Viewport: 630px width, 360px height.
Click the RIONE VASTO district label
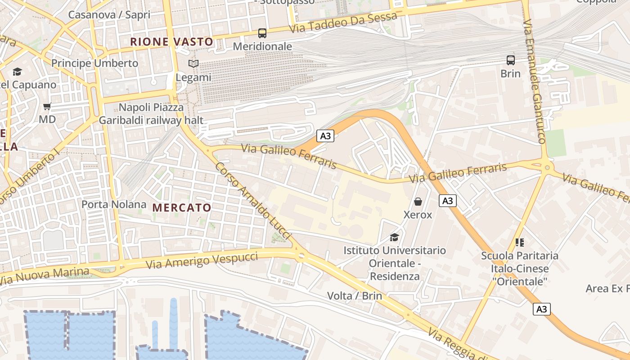click(x=171, y=42)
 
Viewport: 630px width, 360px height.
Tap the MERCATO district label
click(x=182, y=207)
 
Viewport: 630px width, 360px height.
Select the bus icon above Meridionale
click(x=262, y=33)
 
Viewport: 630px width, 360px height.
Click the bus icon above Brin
click(x=510, y=60)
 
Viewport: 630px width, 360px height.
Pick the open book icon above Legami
click(x=193, y=64)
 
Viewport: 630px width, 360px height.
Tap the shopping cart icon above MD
click(x=47, y=107)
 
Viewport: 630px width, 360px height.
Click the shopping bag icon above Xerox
click(x=418, y=201)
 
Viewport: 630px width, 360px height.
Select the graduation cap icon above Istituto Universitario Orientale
click(x=394, y=237)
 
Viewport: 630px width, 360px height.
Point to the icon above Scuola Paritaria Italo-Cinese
click(x=520, y=243)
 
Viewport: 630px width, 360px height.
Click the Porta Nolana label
click(x=114, y=204)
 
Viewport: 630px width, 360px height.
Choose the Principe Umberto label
click(x=94, y=63)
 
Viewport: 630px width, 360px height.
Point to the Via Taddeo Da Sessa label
click(x=344, y=22)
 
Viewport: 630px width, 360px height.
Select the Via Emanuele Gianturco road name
click(x=535, y=81)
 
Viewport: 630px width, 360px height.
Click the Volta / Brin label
click(x=355, y=296)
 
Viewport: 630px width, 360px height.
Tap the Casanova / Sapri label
click(x=109, y=14)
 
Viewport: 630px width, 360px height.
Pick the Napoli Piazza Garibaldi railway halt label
click(x=151, y=114)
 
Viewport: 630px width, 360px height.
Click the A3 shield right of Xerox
click(x=447, y=201)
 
